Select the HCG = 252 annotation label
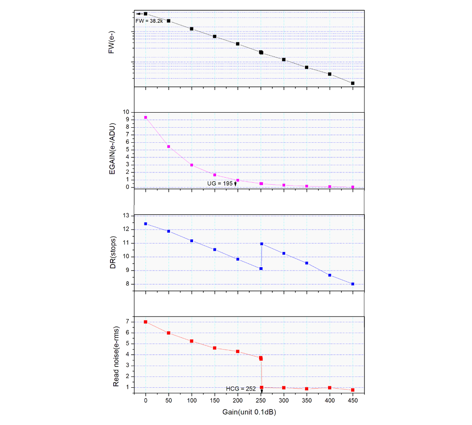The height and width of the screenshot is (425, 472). [241, 388]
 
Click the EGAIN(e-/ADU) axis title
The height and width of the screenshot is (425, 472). [112, 149]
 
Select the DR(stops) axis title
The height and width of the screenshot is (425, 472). [112, 250]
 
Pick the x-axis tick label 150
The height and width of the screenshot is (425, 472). [214, 400]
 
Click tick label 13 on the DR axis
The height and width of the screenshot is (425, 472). [126, 216]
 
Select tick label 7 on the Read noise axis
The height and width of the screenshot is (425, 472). [127, 322]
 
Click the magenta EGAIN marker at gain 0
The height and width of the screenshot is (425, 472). [145, 117]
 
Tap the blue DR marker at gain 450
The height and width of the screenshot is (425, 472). [353, 284]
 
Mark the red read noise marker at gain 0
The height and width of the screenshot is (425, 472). [145, 322]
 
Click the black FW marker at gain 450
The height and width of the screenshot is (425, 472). [353, 83]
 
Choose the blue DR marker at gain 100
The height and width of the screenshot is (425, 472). [192, 241]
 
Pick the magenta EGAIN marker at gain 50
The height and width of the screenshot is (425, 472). [169, 147]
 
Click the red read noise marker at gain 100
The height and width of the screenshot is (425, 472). [192, 341]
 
